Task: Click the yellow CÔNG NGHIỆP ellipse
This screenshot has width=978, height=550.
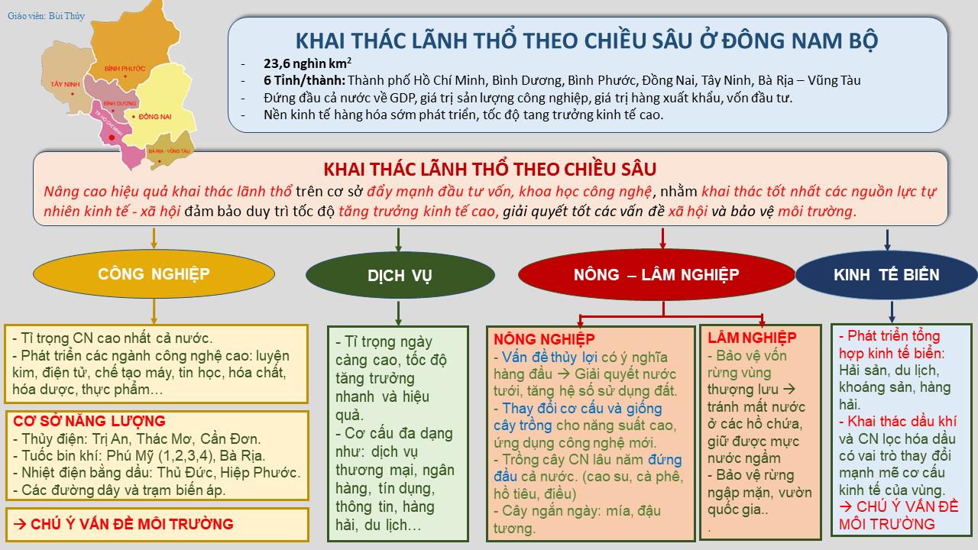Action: (x=154, y=274)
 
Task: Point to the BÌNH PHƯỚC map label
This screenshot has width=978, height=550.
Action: (x=125, y=68)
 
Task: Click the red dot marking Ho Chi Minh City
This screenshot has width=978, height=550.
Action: (x=112, y=137)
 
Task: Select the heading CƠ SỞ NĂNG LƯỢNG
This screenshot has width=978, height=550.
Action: (x=89, y=421)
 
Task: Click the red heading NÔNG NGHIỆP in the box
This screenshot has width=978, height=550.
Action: (x=544, y=338)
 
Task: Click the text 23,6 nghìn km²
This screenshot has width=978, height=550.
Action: (x=308, y=63)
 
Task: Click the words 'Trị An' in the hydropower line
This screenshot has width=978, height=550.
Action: (x=112, y=438)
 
